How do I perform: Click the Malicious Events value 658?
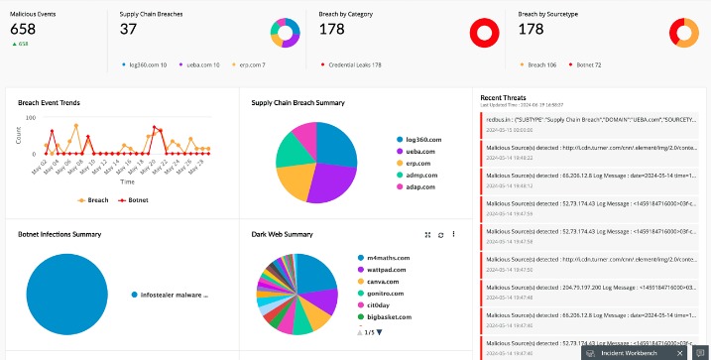click(x=23, y=30)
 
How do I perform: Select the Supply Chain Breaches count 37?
click(x=128, y=30)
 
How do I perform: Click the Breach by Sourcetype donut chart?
click(x=684, y=33)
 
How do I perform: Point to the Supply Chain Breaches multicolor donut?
click(x=285, y=34)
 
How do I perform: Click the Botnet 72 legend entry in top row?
click(x=591, y=64)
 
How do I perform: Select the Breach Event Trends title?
click(x=50, y=102)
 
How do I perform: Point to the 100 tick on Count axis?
click(x=30, y=118)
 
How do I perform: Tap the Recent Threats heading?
click(x=504, y=98)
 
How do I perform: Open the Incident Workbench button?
click(x=633, y=352)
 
